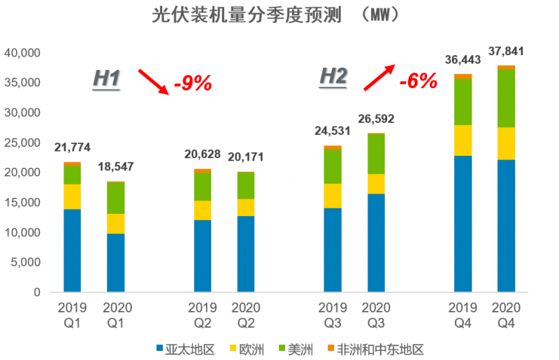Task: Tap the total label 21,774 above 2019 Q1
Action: click(72, 148)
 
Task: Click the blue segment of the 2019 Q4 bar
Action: click(463, 224)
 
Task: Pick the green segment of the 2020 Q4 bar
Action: click(506, 98)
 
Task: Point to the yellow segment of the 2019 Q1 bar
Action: click(72, 196)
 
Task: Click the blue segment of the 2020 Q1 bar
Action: click(115, 262)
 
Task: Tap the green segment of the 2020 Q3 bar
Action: click(376, 154)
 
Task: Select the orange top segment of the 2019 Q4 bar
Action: click(463, 76)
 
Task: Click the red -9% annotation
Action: click(192, 84)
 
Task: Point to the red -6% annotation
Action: click(418, 81)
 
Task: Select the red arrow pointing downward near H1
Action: click(153, 81)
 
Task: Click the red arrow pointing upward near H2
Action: click(379, 77)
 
